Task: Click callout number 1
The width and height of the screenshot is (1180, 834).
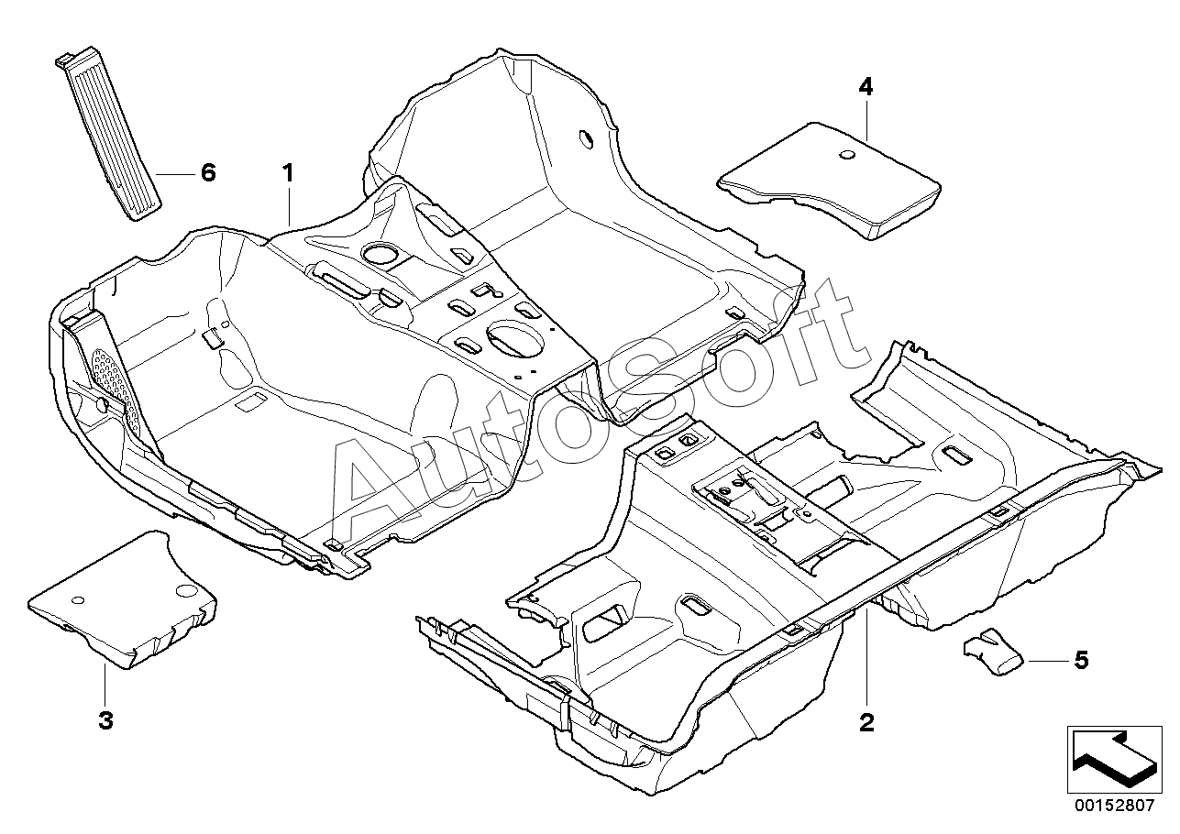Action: click(x=288, y=173)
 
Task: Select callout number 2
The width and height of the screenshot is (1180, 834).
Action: click(x=866, y=722)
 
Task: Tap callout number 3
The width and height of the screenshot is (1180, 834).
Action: click(x=105, y=720)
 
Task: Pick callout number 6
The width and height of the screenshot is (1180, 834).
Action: click(x=209, y=172)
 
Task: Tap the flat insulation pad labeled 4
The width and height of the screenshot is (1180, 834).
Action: click(x=830, y=181)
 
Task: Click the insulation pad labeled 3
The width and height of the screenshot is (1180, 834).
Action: click(x=122, y=599)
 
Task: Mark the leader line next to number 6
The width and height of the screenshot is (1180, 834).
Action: click(x=175, y=174)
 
